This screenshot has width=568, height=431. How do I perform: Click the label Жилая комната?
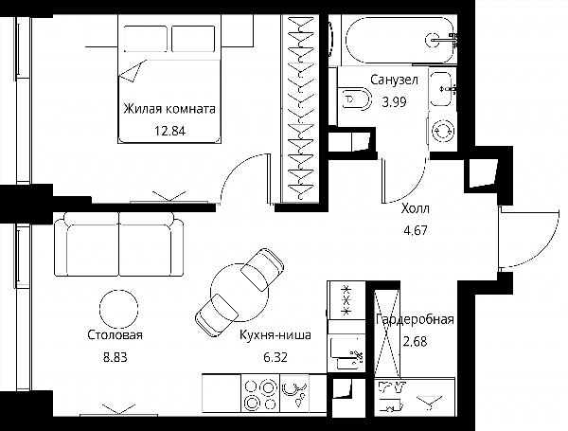(x=169, y=109)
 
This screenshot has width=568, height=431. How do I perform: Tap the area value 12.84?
(x=169, y=131)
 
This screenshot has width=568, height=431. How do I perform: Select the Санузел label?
(x=394, y=80)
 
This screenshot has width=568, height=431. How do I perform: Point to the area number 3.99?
(x=394, y=102)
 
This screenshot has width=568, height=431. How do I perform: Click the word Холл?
(x=416, y=208)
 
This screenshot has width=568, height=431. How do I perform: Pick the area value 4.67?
(x=416, y=230)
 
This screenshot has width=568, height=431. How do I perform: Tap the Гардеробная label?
(x=415, y=320)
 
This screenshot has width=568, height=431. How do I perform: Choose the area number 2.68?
(x=416, y=341)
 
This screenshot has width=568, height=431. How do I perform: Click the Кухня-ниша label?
(x=275, y=335)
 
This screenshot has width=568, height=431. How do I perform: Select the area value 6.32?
(x=275, y=357)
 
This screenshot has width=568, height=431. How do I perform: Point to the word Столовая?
(x=115, y=335)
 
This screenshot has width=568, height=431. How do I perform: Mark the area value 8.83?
(x=115, y=357)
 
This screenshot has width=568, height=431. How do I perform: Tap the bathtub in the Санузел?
(x=399, y=40)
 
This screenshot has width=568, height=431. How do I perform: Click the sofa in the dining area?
(x=119, y=244)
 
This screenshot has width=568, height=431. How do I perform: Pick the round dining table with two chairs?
(x=240, y=293)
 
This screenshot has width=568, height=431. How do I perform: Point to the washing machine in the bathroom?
(x=442, y=131)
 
